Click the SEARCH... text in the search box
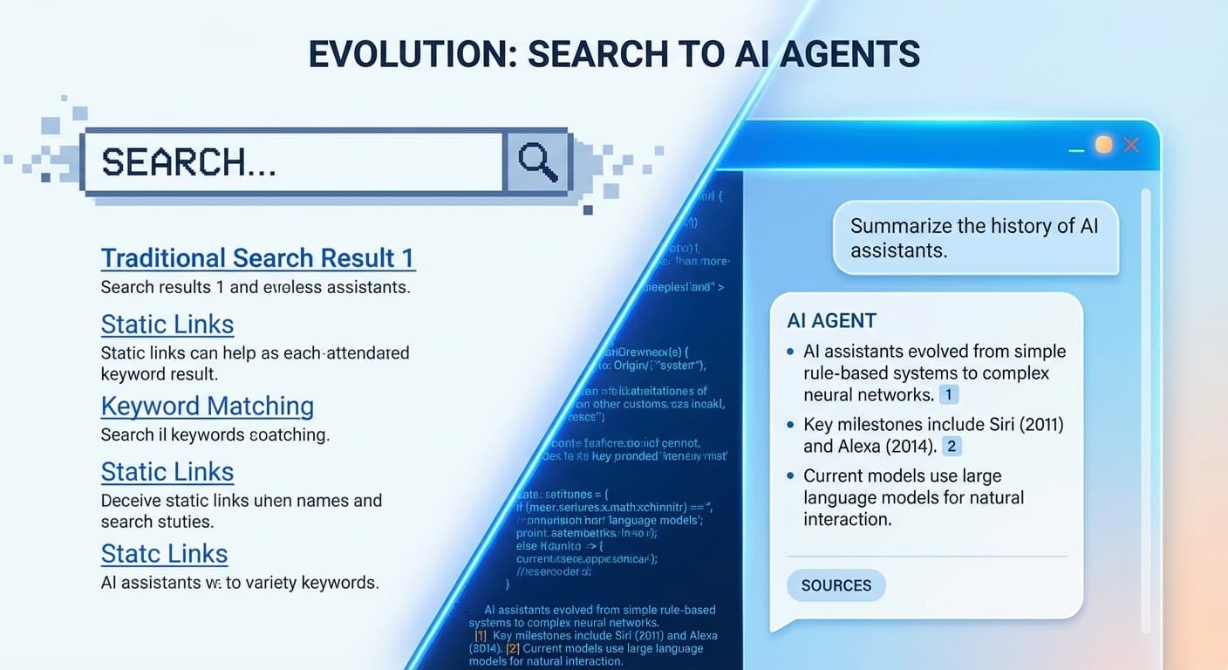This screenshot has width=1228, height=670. (x=188, y=163)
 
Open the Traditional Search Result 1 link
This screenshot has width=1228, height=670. (x=257, y=258)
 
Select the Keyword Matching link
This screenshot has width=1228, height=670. (x=208, y=406)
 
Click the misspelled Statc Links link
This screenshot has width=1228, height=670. (x=164, y=554)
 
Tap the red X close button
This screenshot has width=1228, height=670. (x=1131, y=145)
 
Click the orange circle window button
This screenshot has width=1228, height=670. (x=1103, y=145)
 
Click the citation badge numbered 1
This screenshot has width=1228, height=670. (x=948, y=394)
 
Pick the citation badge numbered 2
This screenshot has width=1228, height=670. (x=952, y=447)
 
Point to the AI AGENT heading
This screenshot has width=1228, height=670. (x=831, y=320)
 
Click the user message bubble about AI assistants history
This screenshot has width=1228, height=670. (x=975, y=238)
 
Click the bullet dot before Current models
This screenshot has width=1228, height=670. (x=790, y=476)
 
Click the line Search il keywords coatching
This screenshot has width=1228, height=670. (x=215, y=434)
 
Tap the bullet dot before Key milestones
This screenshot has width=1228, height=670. (x=790, y=425)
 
